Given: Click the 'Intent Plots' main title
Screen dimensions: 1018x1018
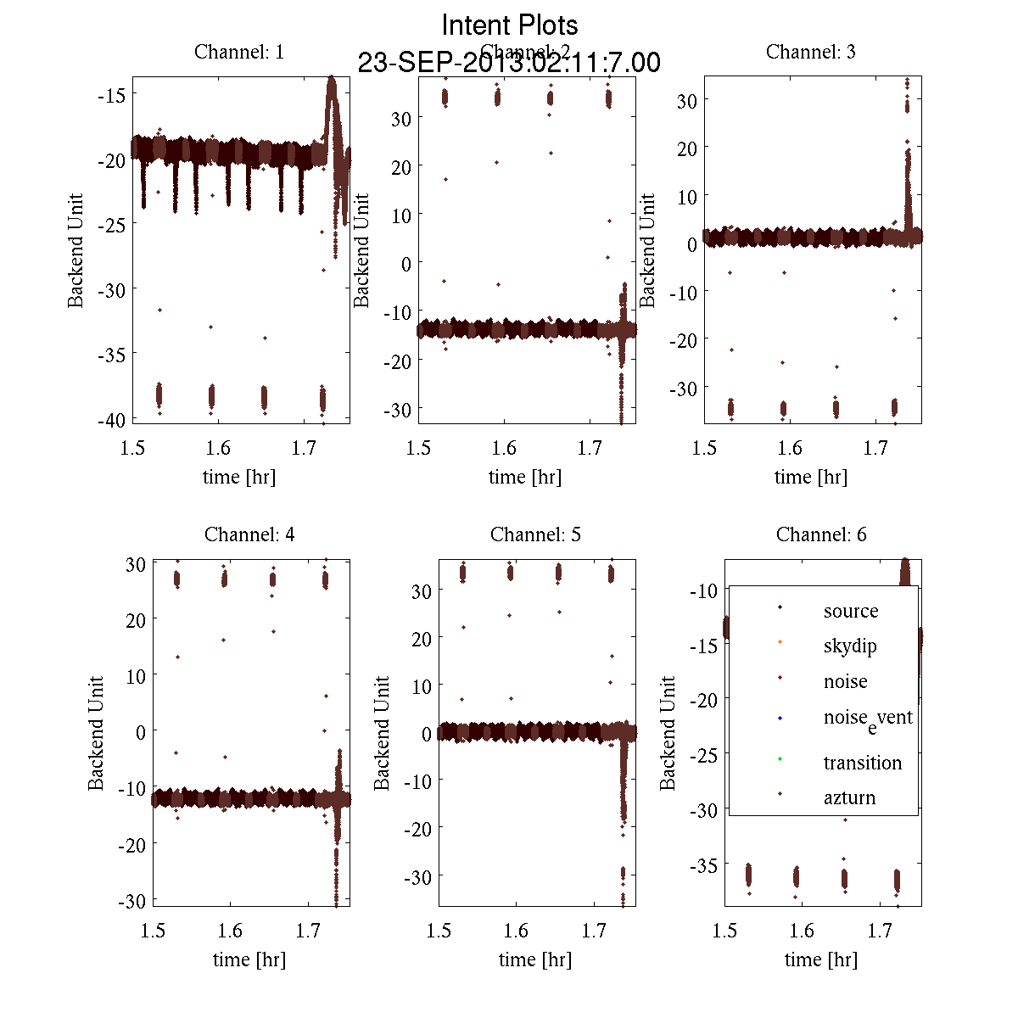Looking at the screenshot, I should (510, 25).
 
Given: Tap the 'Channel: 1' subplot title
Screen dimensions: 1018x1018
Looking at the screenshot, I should (239, 52).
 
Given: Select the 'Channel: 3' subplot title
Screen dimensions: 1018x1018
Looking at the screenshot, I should (810, 52).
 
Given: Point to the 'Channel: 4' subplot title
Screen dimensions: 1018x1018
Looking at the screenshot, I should (249, 534).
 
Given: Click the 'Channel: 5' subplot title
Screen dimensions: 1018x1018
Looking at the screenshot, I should (535, 534).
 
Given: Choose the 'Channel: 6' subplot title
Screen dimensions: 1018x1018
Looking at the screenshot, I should (821, 534).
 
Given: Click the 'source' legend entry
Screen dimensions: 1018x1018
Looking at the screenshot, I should (850, 611).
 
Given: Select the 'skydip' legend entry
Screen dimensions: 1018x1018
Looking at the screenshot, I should (850, 646).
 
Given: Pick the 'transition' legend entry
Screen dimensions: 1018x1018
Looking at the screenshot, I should (862, 763).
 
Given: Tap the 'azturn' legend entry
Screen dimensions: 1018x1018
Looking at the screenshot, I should (849, 797).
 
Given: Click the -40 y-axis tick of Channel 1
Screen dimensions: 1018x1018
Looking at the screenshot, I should (112, 420).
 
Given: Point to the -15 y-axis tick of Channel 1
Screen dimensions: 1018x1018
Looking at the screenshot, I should (112, 95).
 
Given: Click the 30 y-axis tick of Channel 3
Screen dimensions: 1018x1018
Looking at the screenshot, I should (686, 100).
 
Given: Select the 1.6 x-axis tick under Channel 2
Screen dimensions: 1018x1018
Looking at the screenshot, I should (504, 448).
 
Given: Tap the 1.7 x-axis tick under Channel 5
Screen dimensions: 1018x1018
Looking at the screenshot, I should (594, 931).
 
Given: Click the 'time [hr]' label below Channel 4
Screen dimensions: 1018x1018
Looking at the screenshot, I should (249, 959).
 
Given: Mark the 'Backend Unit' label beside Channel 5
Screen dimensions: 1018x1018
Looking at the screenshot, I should (383, 733).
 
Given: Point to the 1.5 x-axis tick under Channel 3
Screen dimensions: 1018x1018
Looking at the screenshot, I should (704, 448).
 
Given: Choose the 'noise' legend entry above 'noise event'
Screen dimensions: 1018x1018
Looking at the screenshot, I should (845, 681).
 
